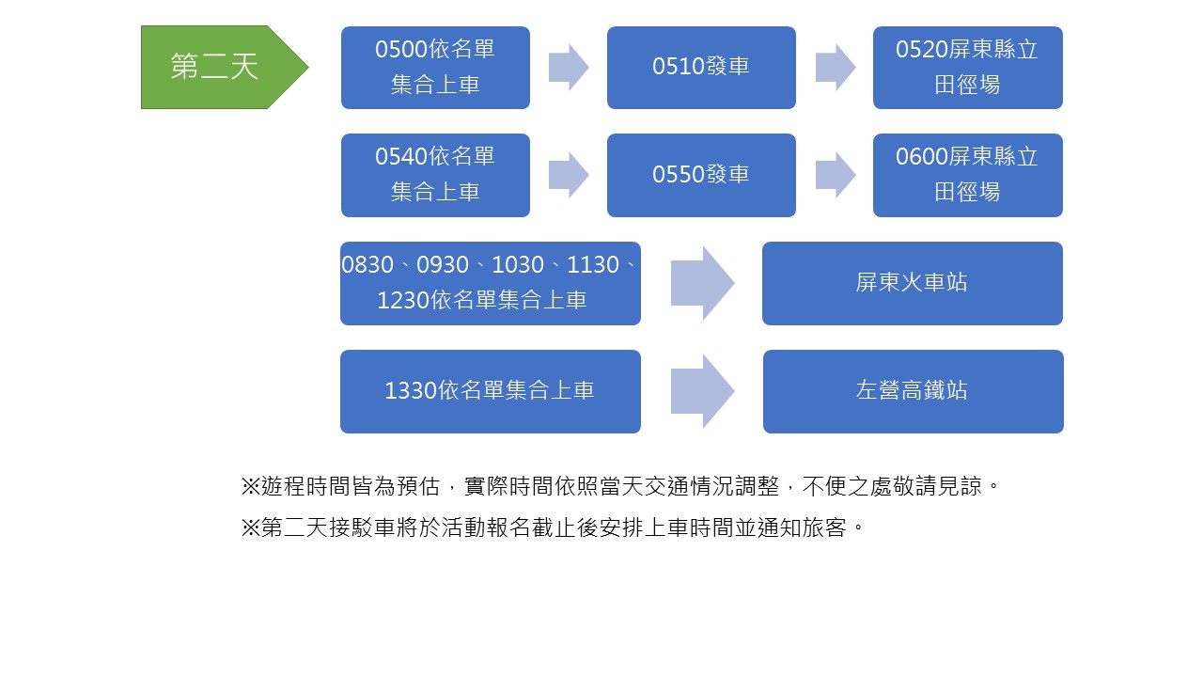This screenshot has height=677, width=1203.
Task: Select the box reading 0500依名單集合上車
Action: point(435,67)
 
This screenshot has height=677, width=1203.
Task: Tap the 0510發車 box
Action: point(701,67)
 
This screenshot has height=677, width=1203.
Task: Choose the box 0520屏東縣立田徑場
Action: point(967,67)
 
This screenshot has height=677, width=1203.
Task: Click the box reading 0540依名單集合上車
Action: point(435,175)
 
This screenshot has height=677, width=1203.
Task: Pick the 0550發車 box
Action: point(701,175)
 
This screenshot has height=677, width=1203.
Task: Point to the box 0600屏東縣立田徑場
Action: point(967,175)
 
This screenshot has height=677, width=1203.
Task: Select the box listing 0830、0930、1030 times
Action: point(490,283)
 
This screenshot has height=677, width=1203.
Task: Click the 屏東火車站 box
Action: point(912,283)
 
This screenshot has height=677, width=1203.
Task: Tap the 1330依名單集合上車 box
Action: point(490,391)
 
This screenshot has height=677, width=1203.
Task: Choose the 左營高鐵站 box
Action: point(913,391)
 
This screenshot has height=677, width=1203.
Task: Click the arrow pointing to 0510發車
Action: point(568,67)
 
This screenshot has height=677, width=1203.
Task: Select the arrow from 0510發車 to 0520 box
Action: point(835,67)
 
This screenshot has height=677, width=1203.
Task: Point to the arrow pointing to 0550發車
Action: point(568,175)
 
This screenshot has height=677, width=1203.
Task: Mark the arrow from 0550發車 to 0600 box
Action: point(835,175)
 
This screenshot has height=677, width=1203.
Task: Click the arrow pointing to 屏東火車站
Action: point(702,283)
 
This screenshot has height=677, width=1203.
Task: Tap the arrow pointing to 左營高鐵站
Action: point(702,391)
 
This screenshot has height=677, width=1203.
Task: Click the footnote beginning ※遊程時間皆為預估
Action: point(619,487)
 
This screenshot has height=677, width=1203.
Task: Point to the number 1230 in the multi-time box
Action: point(403,301)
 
